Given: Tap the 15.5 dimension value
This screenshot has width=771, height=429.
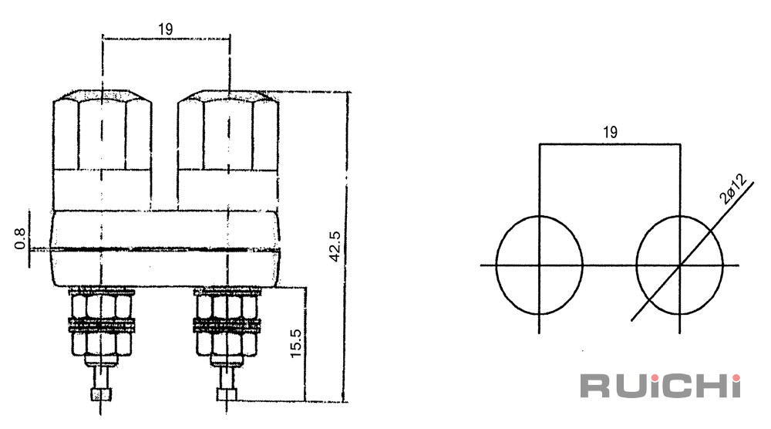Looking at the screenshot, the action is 295,343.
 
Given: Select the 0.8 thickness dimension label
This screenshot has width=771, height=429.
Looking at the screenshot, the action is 20,238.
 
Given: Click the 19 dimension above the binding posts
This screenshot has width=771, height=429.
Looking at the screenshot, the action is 166,29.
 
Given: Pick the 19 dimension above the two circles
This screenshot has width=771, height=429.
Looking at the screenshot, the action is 610,132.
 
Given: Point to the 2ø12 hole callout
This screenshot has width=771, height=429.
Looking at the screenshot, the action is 732,188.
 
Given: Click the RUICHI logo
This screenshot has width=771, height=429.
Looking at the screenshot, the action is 661,385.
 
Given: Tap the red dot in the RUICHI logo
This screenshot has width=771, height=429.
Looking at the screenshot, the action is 736,378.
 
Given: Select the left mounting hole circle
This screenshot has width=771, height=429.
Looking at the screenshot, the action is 497,265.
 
